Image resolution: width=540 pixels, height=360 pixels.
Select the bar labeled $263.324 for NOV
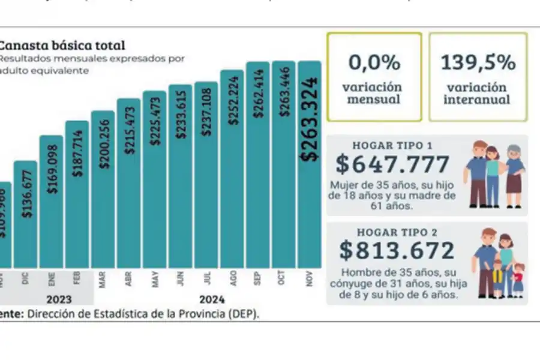[x=310, y=180]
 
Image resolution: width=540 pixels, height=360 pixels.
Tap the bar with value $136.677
[x=25, y=216]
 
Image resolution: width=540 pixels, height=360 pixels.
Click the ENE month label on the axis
[x=51, y=280]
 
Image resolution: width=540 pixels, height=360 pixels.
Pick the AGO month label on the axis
[x=232, y=280]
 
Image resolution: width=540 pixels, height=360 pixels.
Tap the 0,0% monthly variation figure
[x=374, y=62]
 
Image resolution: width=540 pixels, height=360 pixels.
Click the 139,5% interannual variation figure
[x=478, y=62]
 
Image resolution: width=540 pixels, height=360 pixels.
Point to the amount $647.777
[x=392, y=164]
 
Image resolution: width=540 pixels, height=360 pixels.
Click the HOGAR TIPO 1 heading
[x=393, y=145]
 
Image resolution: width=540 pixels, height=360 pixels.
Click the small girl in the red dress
[x=518, y=279]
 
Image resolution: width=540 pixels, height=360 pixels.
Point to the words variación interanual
[x=478, y=93]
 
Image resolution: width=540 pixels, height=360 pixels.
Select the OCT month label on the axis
[x=284, y=280]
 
